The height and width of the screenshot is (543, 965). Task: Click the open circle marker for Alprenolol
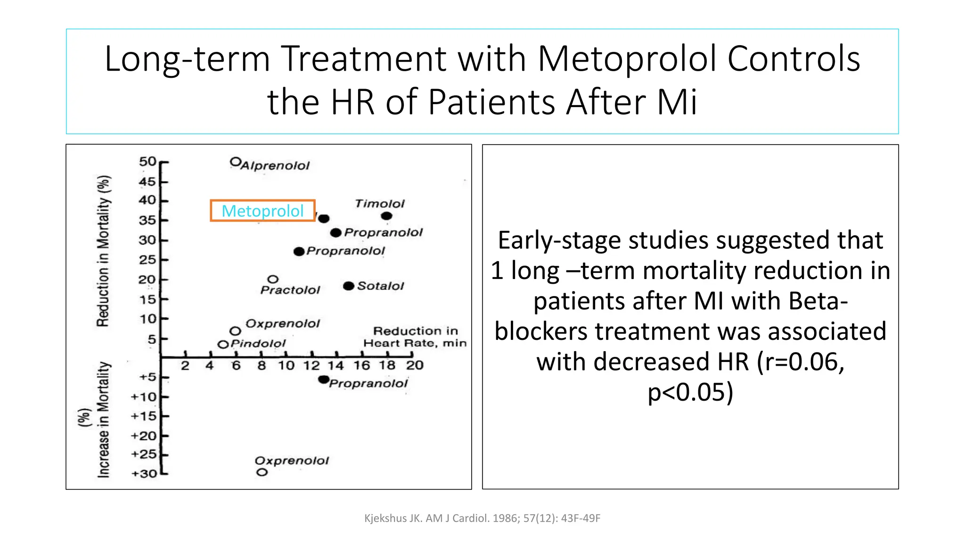[x=235, y=162]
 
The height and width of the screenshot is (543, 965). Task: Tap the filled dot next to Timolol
[x=386, y=216]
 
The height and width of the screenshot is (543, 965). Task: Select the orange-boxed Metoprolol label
[x=262, y=211]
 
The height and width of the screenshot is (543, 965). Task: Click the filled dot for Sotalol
[x=348, y=286]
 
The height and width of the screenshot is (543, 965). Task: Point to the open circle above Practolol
[x=273, y=280]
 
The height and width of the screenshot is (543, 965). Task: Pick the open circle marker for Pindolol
[x=223, y=345]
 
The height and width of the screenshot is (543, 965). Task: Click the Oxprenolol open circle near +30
[x=262, y=472]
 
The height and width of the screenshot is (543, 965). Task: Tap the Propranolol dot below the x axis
[x=323, y=379]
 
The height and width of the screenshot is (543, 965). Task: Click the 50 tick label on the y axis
[x=147, y=162]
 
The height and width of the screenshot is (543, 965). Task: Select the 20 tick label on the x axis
[x=415, y=365]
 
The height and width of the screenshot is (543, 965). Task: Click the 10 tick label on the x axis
[x=286, y=365]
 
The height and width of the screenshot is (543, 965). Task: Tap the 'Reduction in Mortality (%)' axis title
[x=104, y=251]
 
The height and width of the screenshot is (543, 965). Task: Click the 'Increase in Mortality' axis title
[x=104, y=420]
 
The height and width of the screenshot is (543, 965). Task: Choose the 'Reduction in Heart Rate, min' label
[x=415, y=337]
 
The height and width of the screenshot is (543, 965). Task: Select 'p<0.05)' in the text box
[x=690, y=392]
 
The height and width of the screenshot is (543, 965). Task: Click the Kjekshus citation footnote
[x=482, y=518]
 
